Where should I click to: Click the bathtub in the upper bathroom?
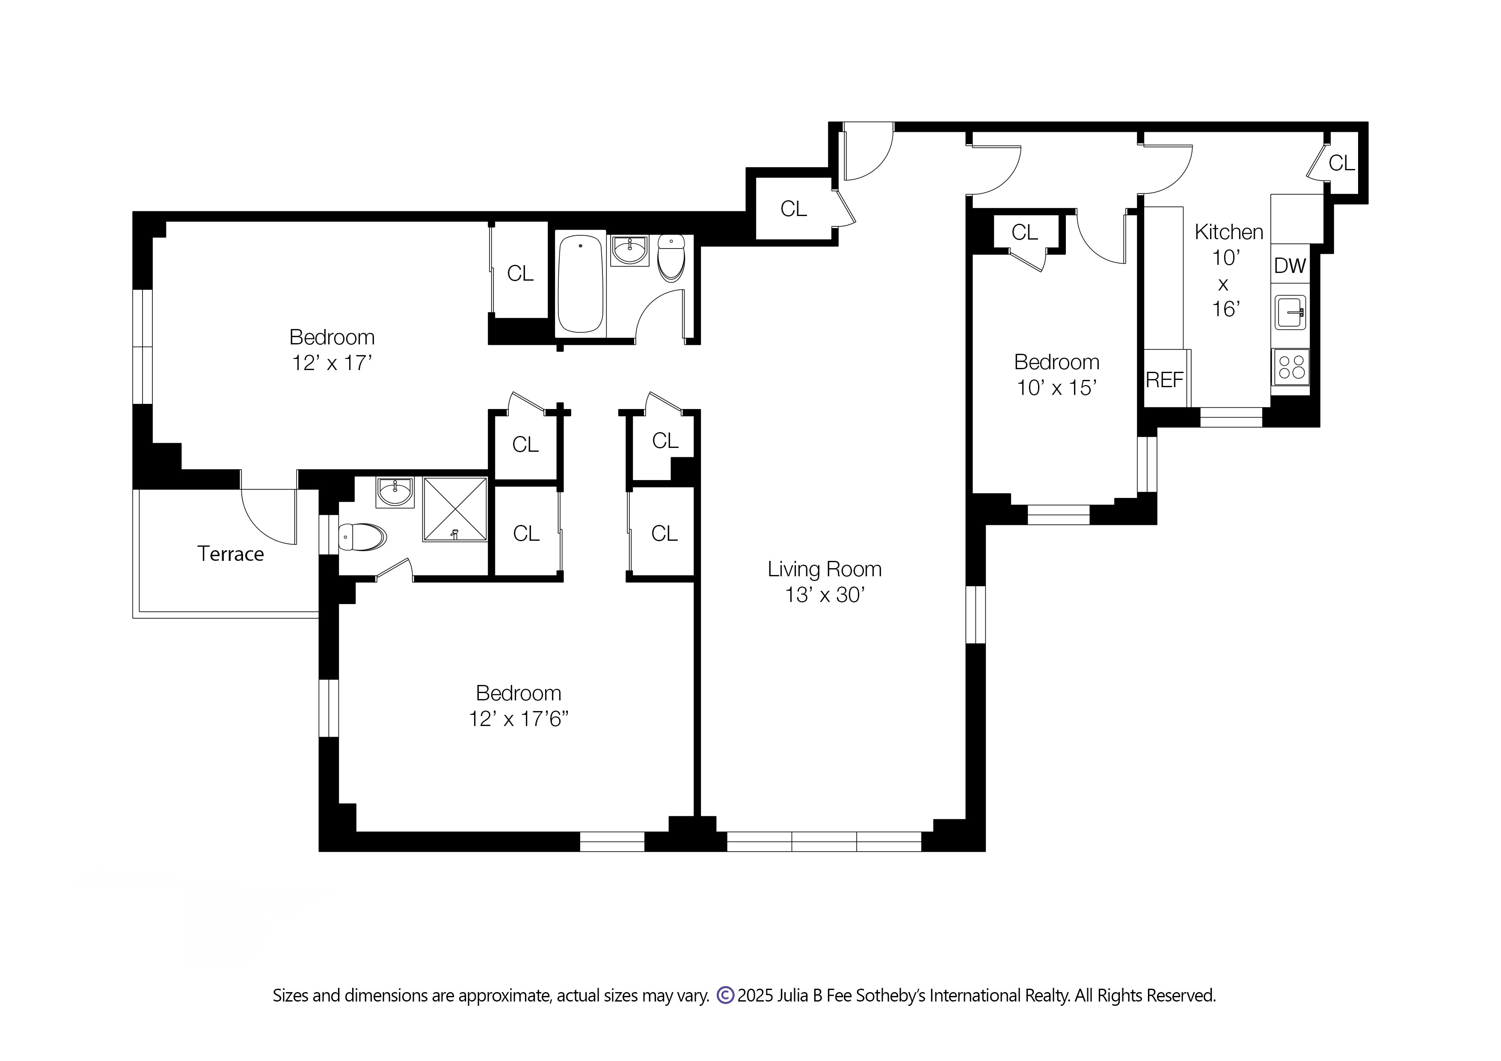(580, 285)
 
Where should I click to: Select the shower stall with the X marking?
(455, 509)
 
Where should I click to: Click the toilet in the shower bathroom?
(362, 537)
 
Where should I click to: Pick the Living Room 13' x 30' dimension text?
(825, 595)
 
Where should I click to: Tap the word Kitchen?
(1228, 231)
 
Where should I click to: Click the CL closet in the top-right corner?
(1341, 163)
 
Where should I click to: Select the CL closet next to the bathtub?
(520, 273)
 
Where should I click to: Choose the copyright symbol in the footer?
(725, 995)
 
